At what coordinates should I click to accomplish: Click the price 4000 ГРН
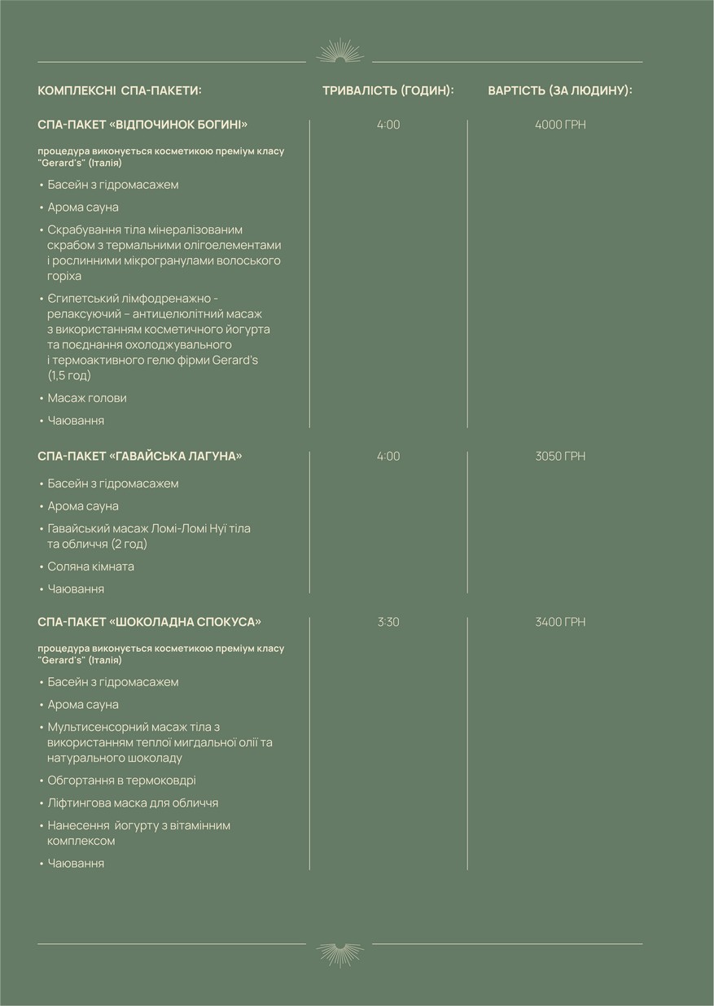point(560,125)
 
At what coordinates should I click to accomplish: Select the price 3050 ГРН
point(560,456)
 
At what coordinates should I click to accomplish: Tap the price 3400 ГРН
point(560,622)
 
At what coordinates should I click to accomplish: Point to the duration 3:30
point(388,622)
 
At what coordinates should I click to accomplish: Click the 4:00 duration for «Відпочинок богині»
point(388,125)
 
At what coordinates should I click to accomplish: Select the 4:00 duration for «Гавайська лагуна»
point(388,456)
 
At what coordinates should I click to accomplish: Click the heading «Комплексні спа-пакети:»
point(120,90)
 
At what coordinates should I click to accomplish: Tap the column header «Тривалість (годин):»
point(388,90)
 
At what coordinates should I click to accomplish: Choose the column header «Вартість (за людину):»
point(560,90)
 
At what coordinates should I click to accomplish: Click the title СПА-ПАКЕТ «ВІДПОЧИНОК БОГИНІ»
point(142,125)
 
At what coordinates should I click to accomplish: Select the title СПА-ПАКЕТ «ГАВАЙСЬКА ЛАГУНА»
point(140,456)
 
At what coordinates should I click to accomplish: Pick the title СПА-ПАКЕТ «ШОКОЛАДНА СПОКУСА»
point(150,622)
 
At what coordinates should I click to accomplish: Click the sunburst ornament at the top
point(339,52)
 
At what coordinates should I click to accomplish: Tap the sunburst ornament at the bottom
point(339,953)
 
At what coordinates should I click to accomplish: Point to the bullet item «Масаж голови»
point(87,398)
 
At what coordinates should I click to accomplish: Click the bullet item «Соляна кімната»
point(91,566)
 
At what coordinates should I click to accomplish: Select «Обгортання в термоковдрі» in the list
point(121,780)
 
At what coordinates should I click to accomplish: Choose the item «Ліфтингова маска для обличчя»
point(133,803)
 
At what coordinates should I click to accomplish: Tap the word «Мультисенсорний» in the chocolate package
point(94,727)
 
